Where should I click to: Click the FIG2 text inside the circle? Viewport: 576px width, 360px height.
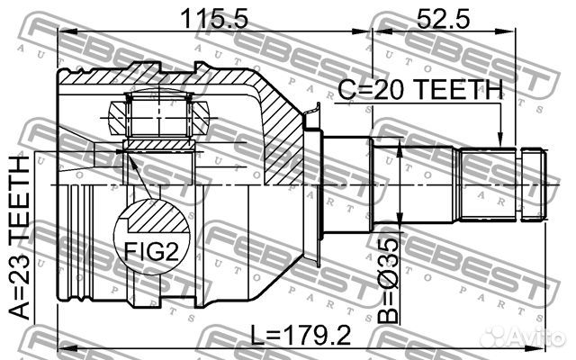pyautogui.click(x=150, y=251)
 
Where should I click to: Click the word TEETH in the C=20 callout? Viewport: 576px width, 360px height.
pyautogui.click(x=460, y=88)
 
